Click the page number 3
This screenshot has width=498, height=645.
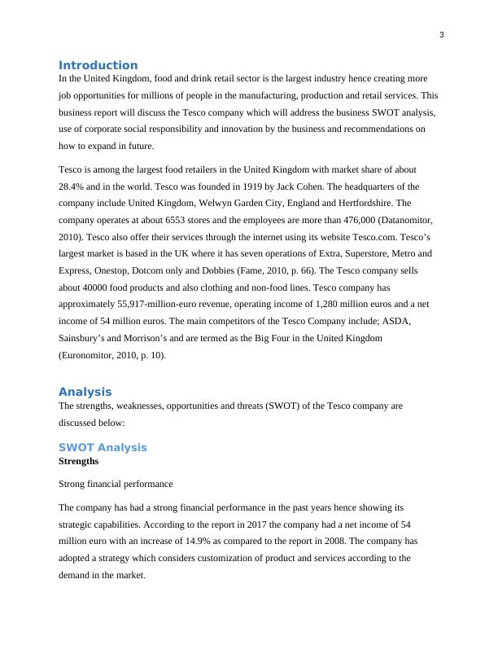441,34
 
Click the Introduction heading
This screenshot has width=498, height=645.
98,65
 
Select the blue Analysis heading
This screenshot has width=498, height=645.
85,392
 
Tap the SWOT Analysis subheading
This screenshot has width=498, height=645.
103,447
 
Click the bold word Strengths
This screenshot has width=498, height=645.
79,461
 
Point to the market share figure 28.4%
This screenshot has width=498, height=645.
73,186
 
